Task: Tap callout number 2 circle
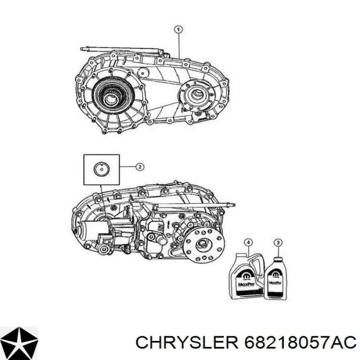[139, 166]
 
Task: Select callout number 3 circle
[278, 242]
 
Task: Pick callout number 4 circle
[249, 242]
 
